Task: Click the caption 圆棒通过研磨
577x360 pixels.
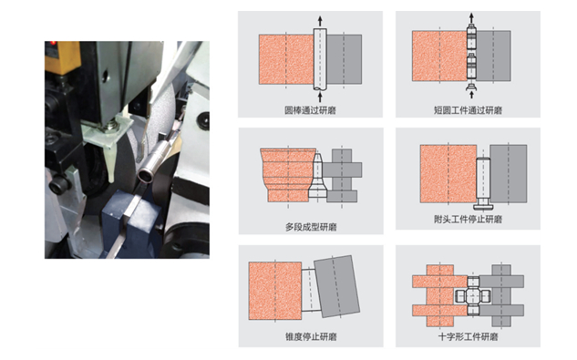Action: [x=310, y=110]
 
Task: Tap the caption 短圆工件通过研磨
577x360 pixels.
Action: [x=468, y=110]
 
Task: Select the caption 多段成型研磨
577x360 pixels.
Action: [x=311, y=227]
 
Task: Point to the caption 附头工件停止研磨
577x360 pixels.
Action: [x=468, y=220]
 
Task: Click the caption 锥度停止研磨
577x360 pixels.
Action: [x=311, y=336]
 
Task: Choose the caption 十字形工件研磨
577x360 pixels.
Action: [x=468, y=336]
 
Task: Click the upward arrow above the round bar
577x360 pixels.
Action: [x=320, y=21]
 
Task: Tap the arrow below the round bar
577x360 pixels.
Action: [x=320, y=97]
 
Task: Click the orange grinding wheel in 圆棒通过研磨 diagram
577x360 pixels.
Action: [x=286, y=59]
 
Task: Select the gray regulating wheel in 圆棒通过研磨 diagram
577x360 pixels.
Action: [x=344, y=59]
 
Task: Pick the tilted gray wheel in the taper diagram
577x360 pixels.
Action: [x=336, y=286]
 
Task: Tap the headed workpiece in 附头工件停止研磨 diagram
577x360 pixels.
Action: [x=483, y=182]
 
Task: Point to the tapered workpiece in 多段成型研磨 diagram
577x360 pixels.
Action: [x=317, y=176]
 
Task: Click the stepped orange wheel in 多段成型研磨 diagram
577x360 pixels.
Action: [x=288, y=175]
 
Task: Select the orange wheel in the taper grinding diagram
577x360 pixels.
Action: [x=275, y=291]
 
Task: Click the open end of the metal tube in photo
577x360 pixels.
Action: [x=144, y=174]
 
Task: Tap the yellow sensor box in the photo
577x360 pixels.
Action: [x=62, y=57]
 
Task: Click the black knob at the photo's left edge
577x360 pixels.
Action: [x=58, y=183]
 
